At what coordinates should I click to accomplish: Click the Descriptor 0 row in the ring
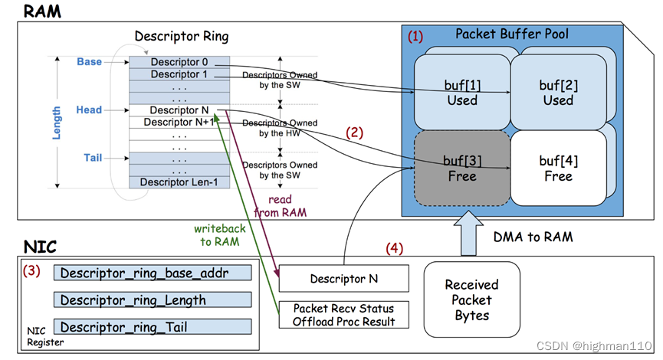[179, 62]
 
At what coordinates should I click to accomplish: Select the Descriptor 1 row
[179, 74]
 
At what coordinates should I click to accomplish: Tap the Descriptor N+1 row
[179, 122]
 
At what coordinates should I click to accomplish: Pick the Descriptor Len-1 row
[179, 182]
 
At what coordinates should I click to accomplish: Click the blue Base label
[89, 61]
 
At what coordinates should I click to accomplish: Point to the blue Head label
[89, 110]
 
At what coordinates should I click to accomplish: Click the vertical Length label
[57, 122]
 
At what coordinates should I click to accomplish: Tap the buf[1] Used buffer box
[462, 92]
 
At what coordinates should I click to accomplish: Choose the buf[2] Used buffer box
[558, 92]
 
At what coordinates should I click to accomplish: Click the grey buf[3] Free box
[462, 168]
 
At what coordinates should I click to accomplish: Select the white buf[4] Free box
[558, 168]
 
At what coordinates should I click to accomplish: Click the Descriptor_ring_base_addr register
[152, 273]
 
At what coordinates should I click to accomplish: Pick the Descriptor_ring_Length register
[152, 299]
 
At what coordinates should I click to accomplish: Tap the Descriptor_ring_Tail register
[152, 327]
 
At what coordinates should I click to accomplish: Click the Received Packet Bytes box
[471, 299]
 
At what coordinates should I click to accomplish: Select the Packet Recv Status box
[343, 315]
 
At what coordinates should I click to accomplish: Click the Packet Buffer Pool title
[512, 34]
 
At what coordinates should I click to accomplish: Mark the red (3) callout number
[31, 271]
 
